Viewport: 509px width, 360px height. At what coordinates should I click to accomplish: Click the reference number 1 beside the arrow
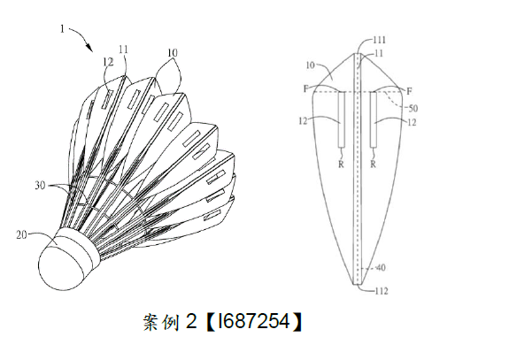tap(62, 29)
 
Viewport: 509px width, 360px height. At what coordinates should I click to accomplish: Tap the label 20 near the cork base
tap(22, 234)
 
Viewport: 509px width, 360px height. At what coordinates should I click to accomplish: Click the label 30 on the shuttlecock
tap(40, 186)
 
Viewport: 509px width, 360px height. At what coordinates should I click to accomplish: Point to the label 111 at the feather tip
tap(379, 40)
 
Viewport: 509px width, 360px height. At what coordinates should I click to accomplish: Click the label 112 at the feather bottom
tap(382, 291)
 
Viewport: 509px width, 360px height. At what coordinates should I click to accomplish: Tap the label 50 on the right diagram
tap(413, 108)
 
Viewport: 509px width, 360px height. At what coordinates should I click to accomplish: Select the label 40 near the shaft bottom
tap(380, 267)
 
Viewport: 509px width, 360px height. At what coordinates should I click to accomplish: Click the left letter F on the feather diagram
tap(305, 88)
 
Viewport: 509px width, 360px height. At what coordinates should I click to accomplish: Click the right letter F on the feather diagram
tap(409, 91)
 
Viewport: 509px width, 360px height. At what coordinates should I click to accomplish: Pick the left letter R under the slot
tap(341, 165)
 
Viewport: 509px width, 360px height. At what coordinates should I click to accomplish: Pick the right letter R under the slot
tap(374, 165)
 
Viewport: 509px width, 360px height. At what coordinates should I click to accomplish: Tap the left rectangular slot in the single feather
tap(341, 119)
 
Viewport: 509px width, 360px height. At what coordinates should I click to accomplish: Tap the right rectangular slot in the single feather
tap(374, 119)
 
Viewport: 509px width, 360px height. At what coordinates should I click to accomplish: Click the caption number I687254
tap(254, 321)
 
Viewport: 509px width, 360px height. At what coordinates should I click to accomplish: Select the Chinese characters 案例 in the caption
tap(161, 322)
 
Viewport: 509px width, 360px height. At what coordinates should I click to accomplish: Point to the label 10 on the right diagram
tap(311, 65)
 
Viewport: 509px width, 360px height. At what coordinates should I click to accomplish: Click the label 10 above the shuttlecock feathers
tap(173, 52)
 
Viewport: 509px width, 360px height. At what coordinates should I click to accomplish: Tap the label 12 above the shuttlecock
tap(108, 61)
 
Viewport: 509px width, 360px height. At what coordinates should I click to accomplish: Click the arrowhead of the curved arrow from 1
tap(89, 48)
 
